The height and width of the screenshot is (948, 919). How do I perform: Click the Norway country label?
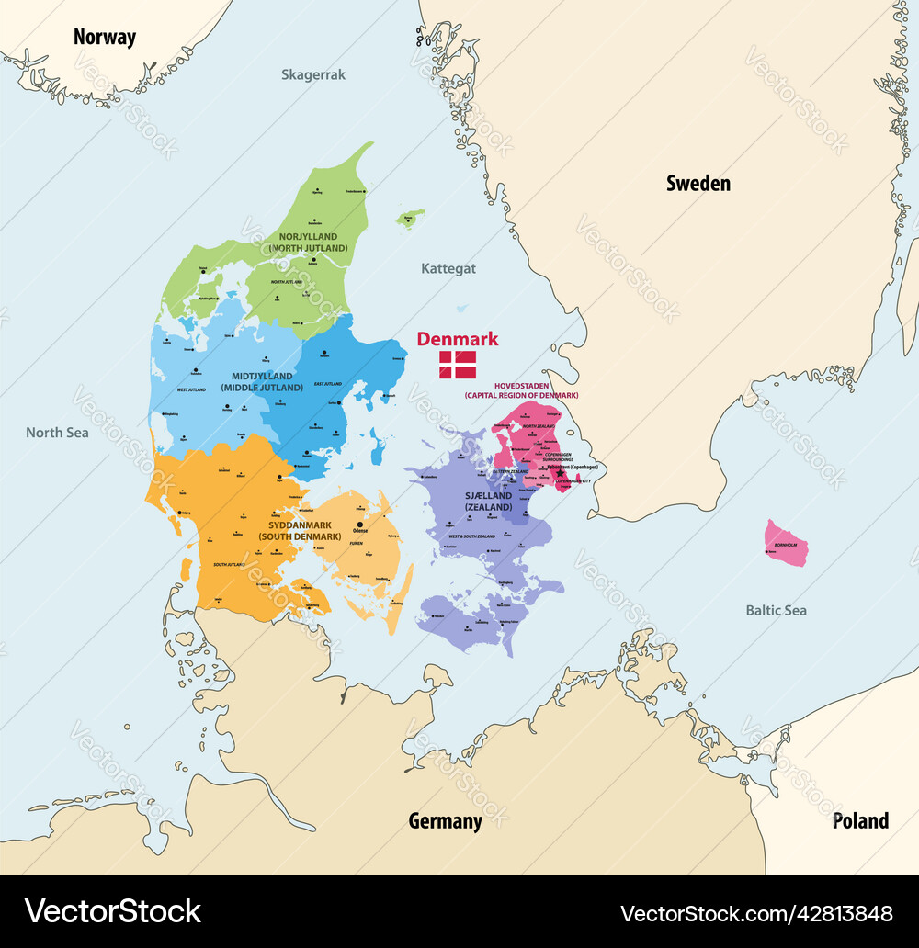105,38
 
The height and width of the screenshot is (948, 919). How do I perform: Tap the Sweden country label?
698,184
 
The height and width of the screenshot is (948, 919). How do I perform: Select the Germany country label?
445,821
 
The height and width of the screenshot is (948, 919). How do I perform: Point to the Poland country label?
860,821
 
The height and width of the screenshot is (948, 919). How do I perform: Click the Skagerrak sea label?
313,75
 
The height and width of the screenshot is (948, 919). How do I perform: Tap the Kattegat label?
448,269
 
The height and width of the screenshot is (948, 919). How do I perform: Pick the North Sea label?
57,433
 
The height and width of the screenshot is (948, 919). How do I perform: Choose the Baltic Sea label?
777,610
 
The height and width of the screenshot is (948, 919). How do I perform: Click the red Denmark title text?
458,339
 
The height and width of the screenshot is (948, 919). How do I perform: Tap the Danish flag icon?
458,365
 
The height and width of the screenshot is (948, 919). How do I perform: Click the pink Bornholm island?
787,544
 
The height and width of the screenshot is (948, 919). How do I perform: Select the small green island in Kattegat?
411,219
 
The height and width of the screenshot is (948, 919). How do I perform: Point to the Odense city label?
360,530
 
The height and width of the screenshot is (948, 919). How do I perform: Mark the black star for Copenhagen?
560,474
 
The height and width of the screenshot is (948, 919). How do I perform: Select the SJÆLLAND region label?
488,501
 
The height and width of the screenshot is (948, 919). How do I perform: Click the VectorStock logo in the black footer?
113,910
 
